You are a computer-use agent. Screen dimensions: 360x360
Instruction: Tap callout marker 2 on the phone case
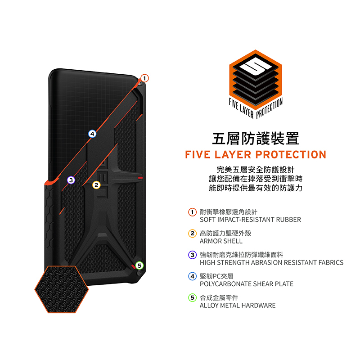click(x=96, y=185)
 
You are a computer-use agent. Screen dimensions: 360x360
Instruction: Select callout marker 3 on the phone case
click(x=70, y=180)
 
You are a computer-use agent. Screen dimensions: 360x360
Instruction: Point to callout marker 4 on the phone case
click(x=92, y=134)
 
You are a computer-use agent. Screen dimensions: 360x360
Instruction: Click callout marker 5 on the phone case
click(x=139, y=265)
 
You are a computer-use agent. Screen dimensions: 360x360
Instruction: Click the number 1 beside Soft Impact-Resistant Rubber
click(x=192, y=212)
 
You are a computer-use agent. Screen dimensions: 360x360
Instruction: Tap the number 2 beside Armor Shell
click(x=192, y=234)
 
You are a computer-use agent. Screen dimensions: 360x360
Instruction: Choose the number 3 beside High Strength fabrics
click(x=192, y=255)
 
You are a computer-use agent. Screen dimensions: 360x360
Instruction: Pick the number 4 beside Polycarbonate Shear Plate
click(x=192, y=276)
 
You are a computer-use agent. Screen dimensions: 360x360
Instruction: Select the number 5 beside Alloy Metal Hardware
click(x=192, y=298)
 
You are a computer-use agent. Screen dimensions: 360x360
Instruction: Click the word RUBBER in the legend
click(x=288, y=220)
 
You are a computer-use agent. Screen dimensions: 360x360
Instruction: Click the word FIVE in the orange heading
click(x=198, y=155)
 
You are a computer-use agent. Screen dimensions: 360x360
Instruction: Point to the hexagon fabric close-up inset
click(x=62, y=288)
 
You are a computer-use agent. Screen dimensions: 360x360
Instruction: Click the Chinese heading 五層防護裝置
click(x=255, y=138)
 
